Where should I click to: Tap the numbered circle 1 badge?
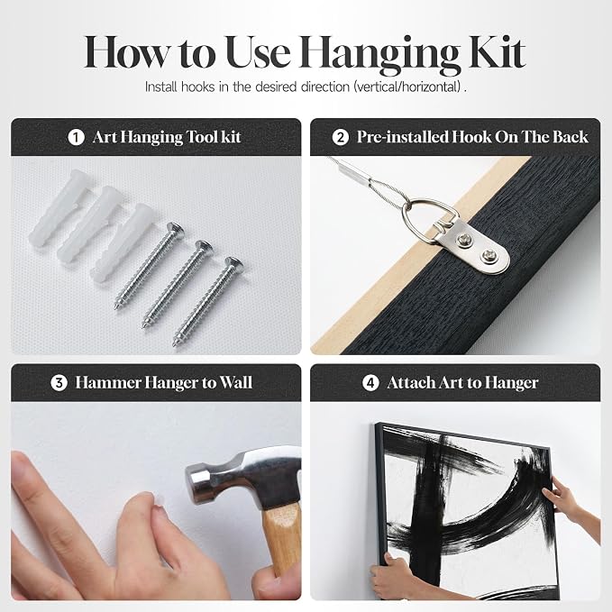(76, 137)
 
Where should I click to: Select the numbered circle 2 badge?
(341, 137)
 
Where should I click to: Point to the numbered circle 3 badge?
(59, 383)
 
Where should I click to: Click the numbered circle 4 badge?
(370, 383)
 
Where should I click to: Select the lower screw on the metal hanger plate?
(489, 256)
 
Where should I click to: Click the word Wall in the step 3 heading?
(236, 382)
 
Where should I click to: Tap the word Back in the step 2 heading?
(571, 137)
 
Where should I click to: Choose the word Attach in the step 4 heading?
(410, 383)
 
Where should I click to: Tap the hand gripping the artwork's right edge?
(570, 504)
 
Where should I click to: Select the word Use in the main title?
(258, 52)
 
